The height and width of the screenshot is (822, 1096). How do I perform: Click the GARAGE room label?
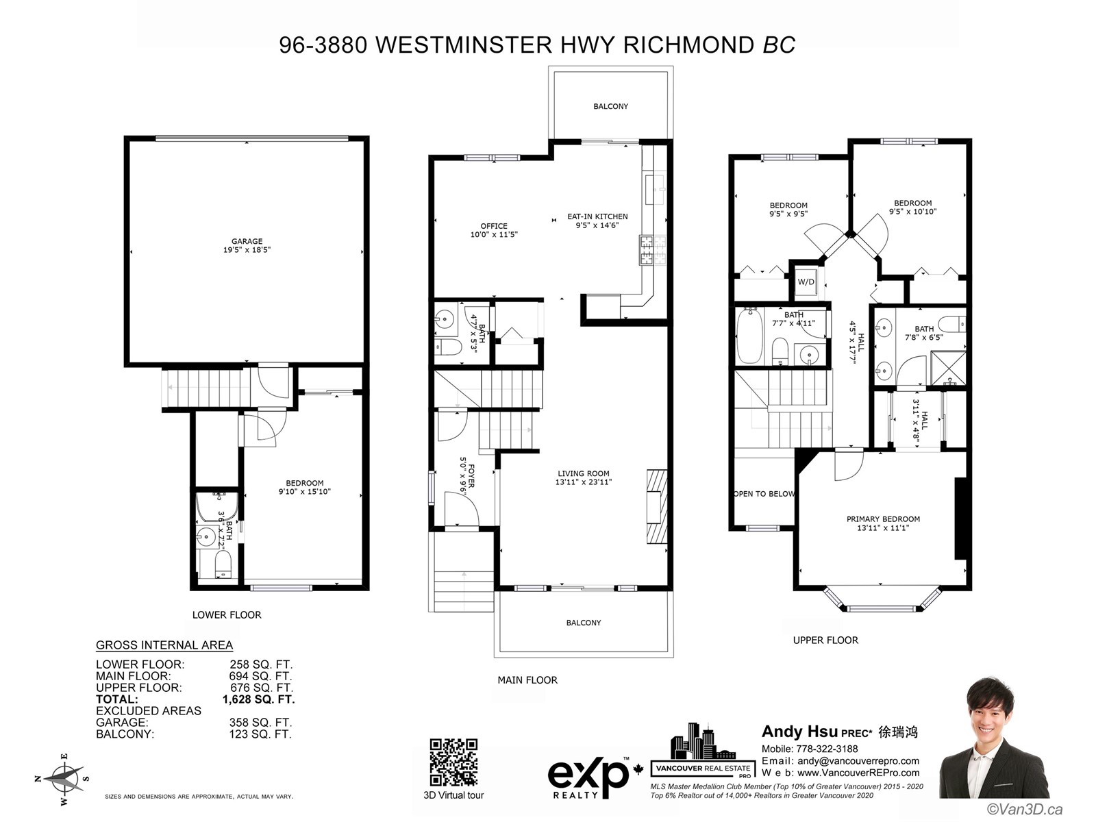(x=247, y=241)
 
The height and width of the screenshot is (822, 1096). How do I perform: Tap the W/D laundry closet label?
(x=806, y=282)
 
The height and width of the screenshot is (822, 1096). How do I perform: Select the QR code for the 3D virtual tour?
(x=453, y=762)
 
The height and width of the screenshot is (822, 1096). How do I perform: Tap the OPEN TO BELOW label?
(x=764, y=494)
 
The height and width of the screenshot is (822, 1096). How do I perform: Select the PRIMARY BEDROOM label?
(x=883, y=519)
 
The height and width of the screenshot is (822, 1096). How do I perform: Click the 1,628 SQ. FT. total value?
(x=259, y=699)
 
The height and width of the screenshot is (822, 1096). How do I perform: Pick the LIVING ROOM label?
(x=583, y=473)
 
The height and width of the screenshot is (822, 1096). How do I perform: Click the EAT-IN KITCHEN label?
(x=597, y=216)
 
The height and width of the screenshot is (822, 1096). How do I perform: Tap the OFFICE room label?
(x=494, y=226)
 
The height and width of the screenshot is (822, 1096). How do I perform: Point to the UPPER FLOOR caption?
(x=825, y=640)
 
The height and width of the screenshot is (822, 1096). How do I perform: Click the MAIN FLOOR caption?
(x=527, y=680)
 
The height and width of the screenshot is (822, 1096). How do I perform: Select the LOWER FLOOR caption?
(x=227, y=615)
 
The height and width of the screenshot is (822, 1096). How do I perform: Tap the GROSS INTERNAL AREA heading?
(x=164, y=645)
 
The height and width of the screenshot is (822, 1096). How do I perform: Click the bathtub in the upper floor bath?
(x=750, y=336)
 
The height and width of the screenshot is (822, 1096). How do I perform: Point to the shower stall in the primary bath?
(x=948, y=368)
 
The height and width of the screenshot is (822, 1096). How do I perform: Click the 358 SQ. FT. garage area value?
(x=260, y=722)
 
